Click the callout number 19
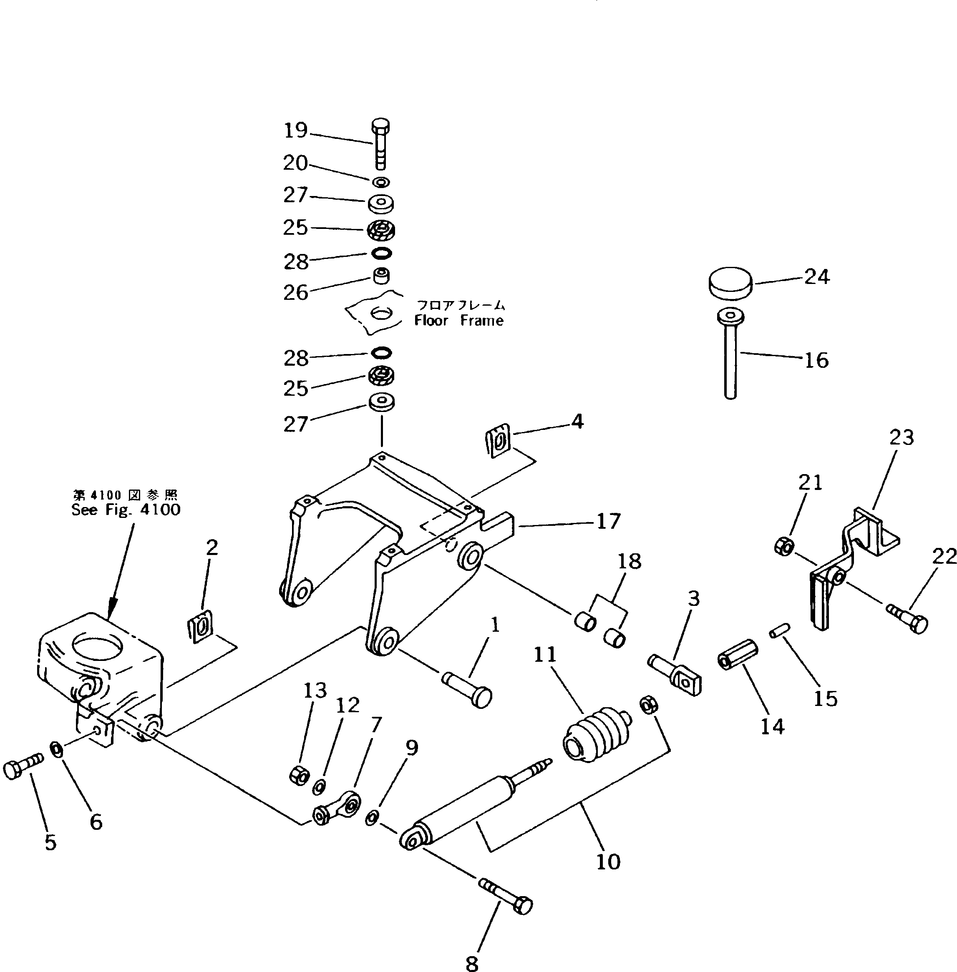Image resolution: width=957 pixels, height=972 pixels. click(295, 131)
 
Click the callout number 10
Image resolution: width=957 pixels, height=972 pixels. click(608, 861)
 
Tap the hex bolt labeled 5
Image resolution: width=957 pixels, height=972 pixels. click(23, 769)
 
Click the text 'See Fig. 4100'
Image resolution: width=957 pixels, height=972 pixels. click(126, 510)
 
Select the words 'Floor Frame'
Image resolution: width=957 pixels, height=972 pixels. click(458, 321)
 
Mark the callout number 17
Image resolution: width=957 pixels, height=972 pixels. click(609, 521)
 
